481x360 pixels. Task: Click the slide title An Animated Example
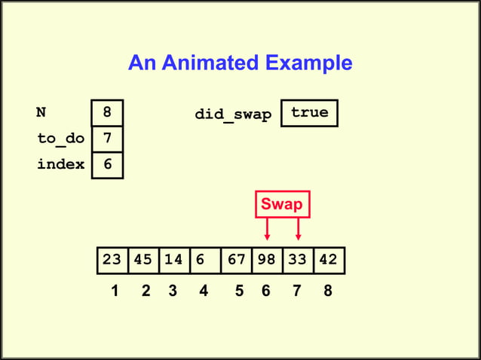tap(240, 63)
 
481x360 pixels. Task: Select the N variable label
tap(41, 113)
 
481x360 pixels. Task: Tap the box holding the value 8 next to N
tap(107, 113)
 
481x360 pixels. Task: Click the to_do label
tap(61, 139)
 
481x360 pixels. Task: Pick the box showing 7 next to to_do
tap(107, 139)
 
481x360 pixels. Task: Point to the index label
tap(61, 164)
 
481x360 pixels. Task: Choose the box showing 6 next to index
tap(107, 164)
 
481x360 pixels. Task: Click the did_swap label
tap(233, 114)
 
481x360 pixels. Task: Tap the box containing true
tap(309, 113)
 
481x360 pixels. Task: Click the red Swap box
tap(281, 205)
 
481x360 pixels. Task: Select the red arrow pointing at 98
tap(267, 230)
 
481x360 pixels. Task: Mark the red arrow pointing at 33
tap(299, 230)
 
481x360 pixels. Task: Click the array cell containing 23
tap(112, 260)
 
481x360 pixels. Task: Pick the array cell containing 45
tap(143, 260)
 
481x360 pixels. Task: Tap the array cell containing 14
tap(173, 260)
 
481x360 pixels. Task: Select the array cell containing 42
tap(329, 260)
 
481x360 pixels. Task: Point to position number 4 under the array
tap(204, 291)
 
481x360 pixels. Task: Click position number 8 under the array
tap(327, 291)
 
